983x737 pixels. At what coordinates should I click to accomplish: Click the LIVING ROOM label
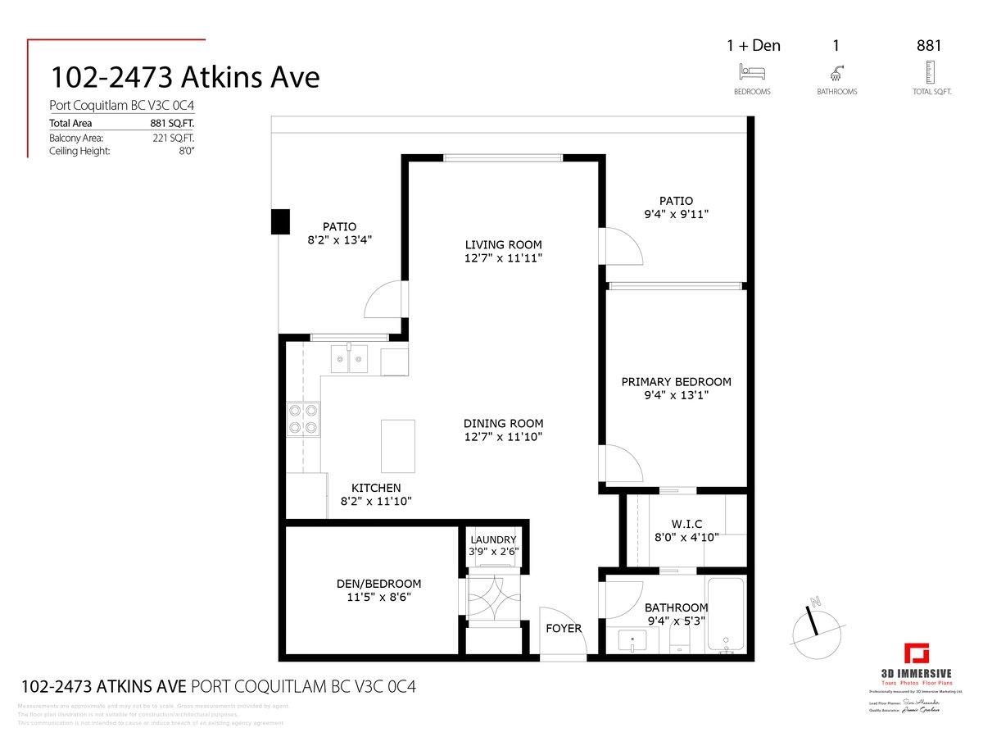click(x=503, y=244)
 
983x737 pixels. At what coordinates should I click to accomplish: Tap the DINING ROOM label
click(x=503, y=423)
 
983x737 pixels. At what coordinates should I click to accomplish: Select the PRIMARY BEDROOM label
click(x=676, y=382)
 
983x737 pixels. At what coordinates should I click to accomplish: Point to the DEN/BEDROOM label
click(x=378, y=584)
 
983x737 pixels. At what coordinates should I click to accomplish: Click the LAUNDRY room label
click(x=493, y=539)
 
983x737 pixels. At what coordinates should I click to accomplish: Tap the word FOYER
click(x=564, y=629)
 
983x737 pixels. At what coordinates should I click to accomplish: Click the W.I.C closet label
click(x=686, y=524)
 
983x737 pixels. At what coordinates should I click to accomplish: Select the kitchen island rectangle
click(x=398, y=444)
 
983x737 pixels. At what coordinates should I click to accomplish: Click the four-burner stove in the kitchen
click(x=301, y=419)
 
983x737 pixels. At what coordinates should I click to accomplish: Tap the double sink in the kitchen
click(x=350, y=358)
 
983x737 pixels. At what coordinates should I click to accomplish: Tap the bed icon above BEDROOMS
click(x=752, y=73)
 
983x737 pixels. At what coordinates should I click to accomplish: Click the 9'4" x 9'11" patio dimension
click(x=676, y=214)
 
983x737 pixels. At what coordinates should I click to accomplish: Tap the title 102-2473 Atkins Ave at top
click(x=185, y=77)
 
